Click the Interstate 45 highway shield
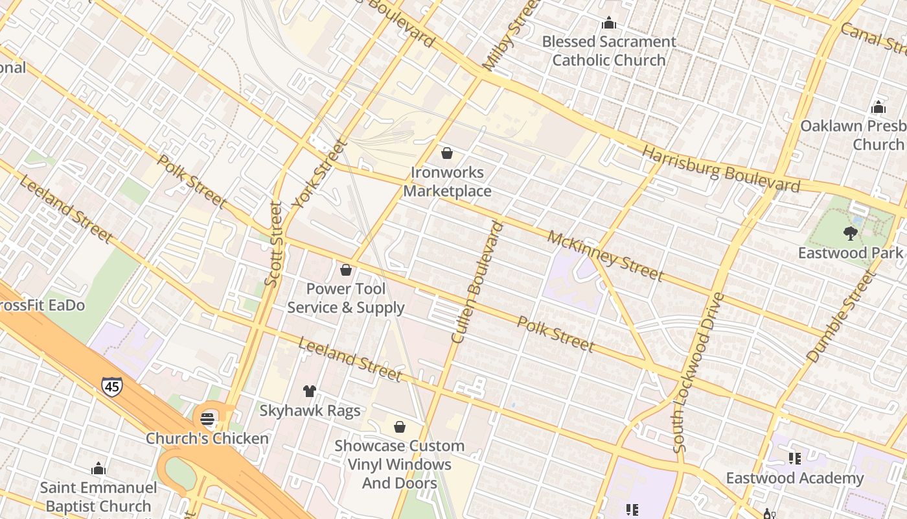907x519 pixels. pos(111,387)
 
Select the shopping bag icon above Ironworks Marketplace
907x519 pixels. pos(446,153)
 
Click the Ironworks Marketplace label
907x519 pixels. pos(447,182)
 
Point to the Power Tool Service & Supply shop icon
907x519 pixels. pos(346,269)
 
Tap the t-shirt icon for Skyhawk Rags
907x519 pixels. pos(310,391)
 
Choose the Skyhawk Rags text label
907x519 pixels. pos(310,411)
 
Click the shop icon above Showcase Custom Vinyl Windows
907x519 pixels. pos(400,426)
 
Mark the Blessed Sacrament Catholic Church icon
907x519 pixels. pos(608,23)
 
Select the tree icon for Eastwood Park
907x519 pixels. pos(850,233)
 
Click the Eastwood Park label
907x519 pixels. pos(850,253)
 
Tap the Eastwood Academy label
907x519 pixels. pos(794,478)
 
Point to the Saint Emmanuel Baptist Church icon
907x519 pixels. pos(98,468)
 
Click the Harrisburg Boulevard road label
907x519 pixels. pos(720,169)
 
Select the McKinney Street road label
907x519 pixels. pos(605,256)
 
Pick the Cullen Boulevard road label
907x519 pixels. pos(477,282)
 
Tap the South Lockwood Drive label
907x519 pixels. pos(697,372)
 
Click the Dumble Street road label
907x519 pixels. pos(840,317)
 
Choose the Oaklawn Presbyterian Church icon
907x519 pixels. pos(878,107)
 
